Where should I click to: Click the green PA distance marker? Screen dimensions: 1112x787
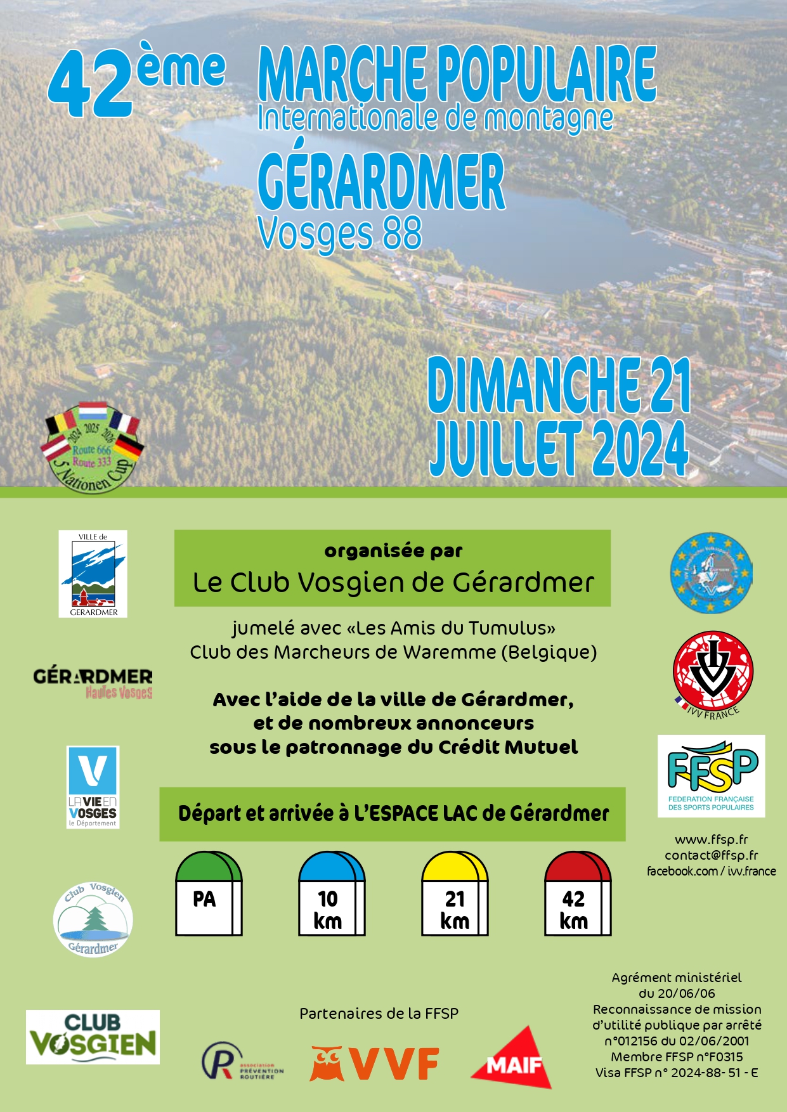(x=209, y=894)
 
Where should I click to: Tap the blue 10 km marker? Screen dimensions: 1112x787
(x=332, y=894)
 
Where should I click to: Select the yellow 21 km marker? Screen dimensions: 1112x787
(x=455, y=894)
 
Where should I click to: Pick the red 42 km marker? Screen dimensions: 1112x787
(x=578, y=894)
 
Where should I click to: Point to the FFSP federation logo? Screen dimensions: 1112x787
(x=711, y=775)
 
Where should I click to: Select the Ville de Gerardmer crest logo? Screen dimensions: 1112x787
(x=93, y=574)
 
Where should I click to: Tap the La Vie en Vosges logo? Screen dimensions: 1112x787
(x=93, y=787)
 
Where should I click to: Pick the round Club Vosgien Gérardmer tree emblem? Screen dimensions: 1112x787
(x=93, y=919)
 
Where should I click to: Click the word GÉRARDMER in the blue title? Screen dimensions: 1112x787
(x=382, y=182)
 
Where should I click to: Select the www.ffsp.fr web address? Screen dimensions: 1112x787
(x=711, y=839)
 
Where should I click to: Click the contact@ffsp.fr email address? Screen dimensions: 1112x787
(x=711, y=855)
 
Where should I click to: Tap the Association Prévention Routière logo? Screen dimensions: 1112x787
(x=242, y=1061)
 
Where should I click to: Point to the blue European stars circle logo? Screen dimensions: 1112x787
(x=712, y=573)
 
